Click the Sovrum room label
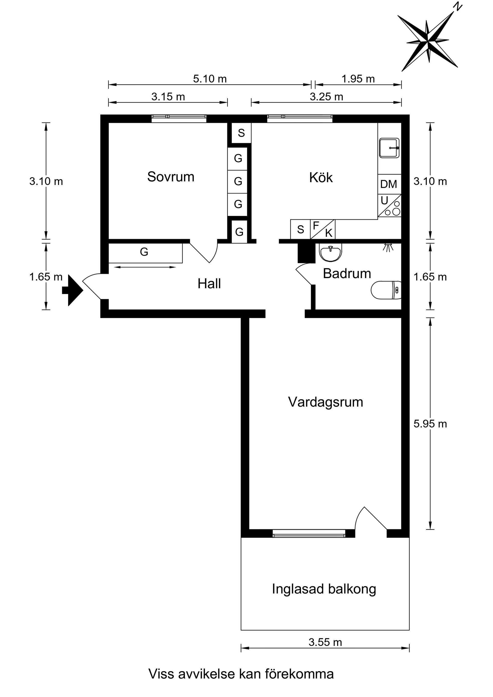point(170,177)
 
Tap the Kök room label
point(321,177)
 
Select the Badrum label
point(347,273)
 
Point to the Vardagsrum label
point(326,402)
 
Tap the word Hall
point(209,283)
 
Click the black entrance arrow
point(73,290)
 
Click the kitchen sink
point(389,148)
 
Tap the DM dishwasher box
point(389,184)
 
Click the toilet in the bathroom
point(386,290)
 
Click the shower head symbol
point(387,247)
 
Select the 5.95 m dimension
point(430,424)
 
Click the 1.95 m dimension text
point(358,79)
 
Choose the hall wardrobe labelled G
point(146,253)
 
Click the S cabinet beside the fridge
point(300,229)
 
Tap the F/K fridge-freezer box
point(323,229)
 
